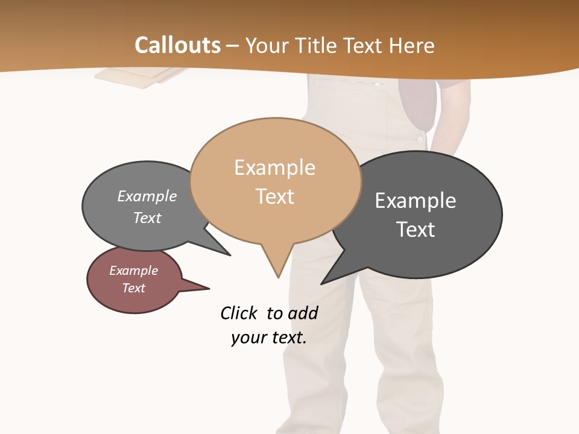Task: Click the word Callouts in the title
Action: pyautogui.click(x=177, y=45)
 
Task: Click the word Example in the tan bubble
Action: pyautogui.click(x=274, y=168)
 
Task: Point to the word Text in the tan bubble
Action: pyautogui.click(x=274, y=197)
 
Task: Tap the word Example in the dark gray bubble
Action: pyautogui.click(x=416, y=201)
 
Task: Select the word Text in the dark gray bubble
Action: pyautogui.click(x=416, y=230)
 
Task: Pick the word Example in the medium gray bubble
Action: pyautogui.click(x=147, y=196)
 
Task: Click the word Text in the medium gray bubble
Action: pyautogui.click(x=147, y=218)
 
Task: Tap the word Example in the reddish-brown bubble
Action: pyautogui.click(x=134, y=271)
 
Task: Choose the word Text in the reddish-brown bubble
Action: pyautogui.click(x=134, y=288)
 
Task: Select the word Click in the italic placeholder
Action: pyautogui.click(x=238, y=313)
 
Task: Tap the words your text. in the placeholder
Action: pyautogui.click(x=269, y=338)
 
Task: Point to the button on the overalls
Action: pyautogui.click(x=420, y=140)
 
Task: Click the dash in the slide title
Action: pyautogui.click(x=233, y=46)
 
